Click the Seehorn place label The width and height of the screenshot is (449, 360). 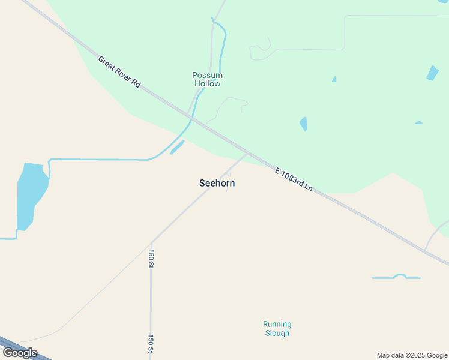pos(217,184)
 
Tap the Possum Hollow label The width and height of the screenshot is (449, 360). pos(208,79)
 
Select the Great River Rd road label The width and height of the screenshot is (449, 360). pos(119,72)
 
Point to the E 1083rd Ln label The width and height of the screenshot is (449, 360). pos(294,179)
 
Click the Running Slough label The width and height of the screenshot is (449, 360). pos(277,329)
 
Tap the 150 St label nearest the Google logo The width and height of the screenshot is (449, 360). pos(152,343)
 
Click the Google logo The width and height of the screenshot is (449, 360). pos(20,353)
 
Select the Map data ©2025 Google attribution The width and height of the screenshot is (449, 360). pos(412,355)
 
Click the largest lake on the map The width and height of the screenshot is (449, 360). pos(30,195)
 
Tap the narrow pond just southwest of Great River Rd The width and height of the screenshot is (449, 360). pos(177,147)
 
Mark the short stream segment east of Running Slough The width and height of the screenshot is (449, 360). pos(396,277)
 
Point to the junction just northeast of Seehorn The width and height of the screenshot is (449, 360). pos(247,154)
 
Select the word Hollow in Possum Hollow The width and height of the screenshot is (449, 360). pos(208,83)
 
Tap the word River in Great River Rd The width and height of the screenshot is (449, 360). pos(120,73)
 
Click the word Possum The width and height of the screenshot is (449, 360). pos(208,75)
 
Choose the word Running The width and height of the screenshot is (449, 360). pos(277,325)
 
